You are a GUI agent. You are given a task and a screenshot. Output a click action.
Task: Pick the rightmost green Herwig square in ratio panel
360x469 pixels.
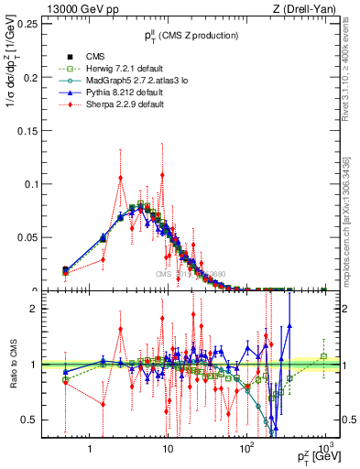[323, 355]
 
